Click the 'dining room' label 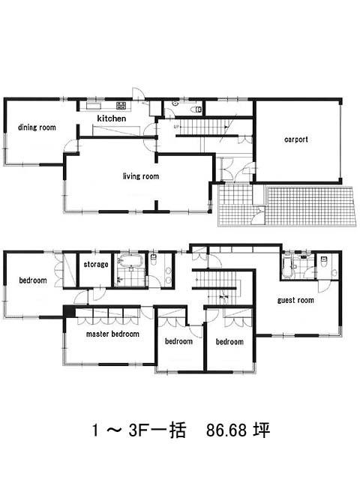pyautogui.click(x=37, y=127)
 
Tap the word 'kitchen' pyautogui.click(x=112, y=118)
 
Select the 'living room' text pyautogui.click(x=141, y=176)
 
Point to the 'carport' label pyautogui.click(x=296, y=139)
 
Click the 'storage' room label pyautogui.click(x=96, y=264)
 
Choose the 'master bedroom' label pyautogui.click(x=112, y=334)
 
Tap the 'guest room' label pyautogui.click(x=295, y=300)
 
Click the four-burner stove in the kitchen pyautogui.click(x=121, y=106)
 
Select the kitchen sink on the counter pyautogui.click(x=93, y=106)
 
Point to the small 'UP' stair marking pyautogui.click(x=176, y=127)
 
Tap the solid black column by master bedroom pyautogui.click(x=69, y=312)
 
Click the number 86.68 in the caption pyautogui.click(x=226, y=430)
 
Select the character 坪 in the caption pyautogui.click(x=261, y=430)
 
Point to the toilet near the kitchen pyautogui.click(x=196, y=109)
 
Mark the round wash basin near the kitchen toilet pyautogui.click(x=175, y=103)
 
